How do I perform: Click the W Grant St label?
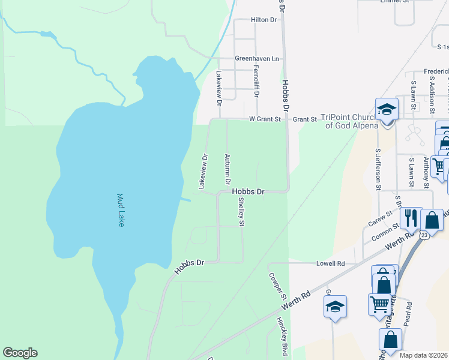pos(265,119)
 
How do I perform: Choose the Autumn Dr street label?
pos(228,169)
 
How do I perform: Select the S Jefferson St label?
pos(378,170)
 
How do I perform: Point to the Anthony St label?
pos(426,172)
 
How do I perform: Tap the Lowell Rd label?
pos(331,263)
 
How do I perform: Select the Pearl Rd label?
pos(408,313)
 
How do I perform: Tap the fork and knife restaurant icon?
pos(411,217)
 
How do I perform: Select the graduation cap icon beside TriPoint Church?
pos(387,110)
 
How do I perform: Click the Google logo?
pos(20,353)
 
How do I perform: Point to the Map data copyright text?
pos(423,355)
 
